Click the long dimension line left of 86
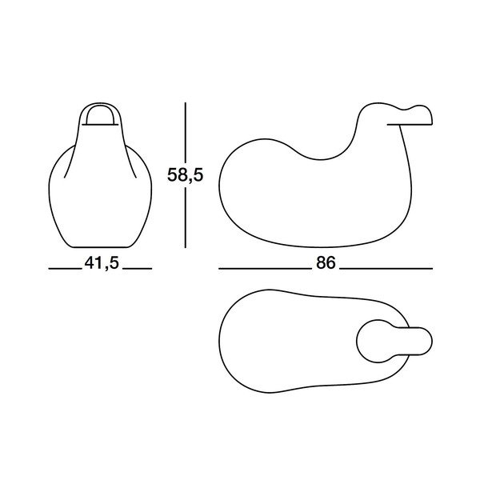[265, 268]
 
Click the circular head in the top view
[377, 341]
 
